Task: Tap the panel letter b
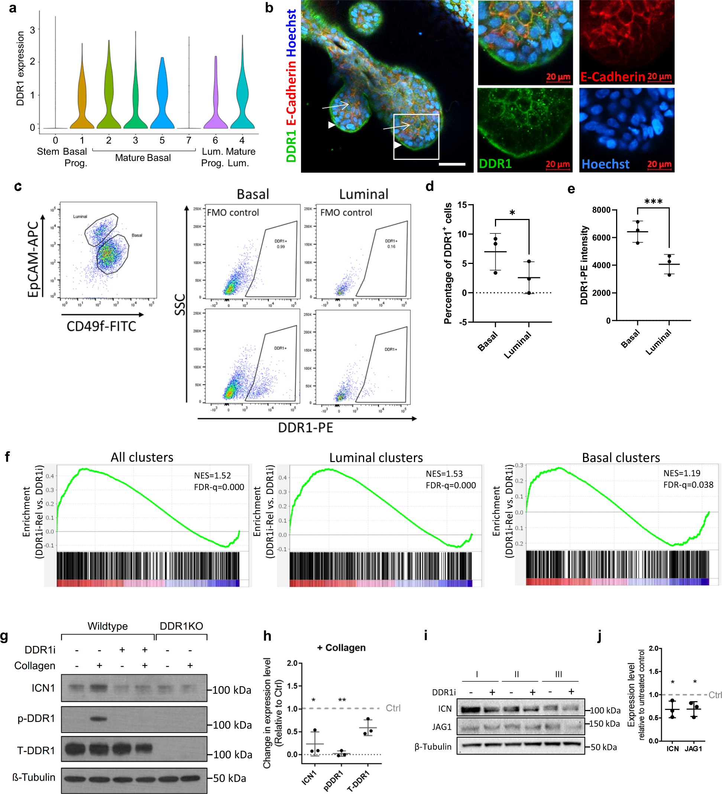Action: [x=269, y=8]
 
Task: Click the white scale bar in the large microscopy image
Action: [x=451, y=164]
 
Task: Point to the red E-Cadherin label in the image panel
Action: [x=612, y=77]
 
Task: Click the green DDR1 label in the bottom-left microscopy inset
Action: [x=495, y=164]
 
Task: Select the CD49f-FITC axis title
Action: [x=101, y=326]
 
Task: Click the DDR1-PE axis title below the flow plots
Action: [x=305, y=428]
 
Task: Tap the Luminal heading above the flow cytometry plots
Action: [x=363, y=194]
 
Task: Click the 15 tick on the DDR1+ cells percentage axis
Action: [x=462, y=205]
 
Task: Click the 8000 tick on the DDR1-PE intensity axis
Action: [x=601, y=210]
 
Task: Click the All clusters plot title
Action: [x=142, y=457]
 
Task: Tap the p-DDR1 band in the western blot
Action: [x=99, y=719]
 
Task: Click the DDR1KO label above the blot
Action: [x=181, y=626]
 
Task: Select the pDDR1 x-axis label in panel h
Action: [x=333, y=781]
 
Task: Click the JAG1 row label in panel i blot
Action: [x=442, y=727]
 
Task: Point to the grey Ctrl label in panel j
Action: [x=715, y=695]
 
